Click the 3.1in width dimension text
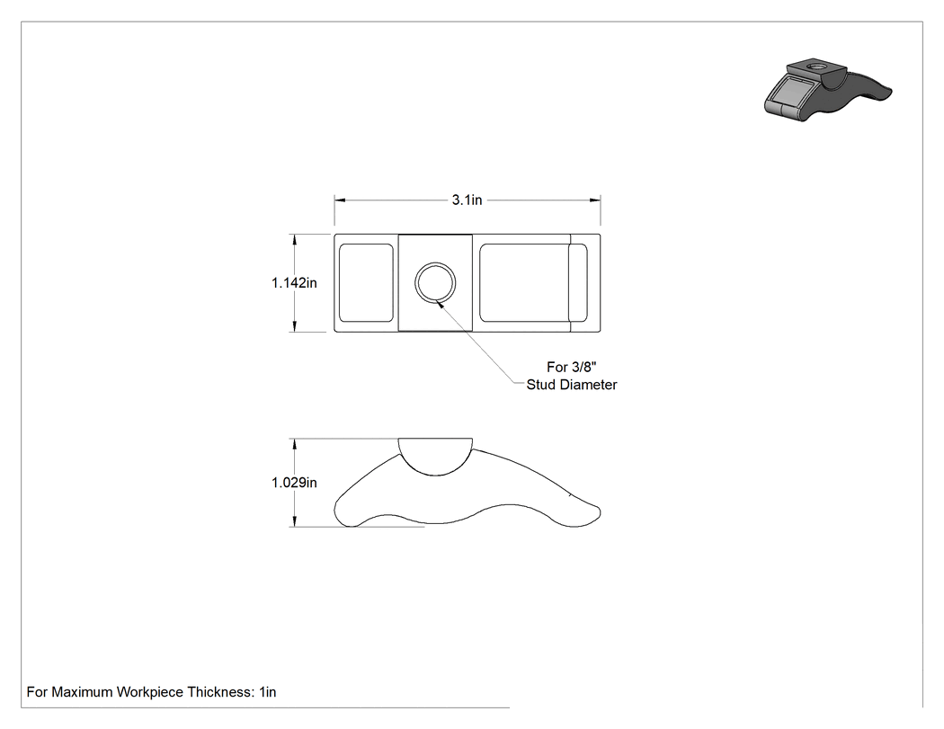click(468, 200)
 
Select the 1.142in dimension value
click(294, 282)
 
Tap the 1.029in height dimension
click(294, 482)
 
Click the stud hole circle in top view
click(435, 283)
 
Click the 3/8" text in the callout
click(582, 367)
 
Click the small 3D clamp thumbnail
click(827, 89)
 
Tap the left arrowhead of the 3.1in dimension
click(340, 200)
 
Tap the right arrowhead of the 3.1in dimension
click(595, 200)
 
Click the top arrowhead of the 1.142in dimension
click(294, 240)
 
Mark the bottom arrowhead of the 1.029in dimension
click(294, 521)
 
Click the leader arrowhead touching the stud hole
click(441, 305)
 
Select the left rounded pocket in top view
click(366, 283)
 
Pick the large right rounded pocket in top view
click(524, 283)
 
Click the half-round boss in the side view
click(435, 457)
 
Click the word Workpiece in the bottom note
click(150, 692)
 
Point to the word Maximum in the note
click(82, 692)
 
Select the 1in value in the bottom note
click(268, 692)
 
